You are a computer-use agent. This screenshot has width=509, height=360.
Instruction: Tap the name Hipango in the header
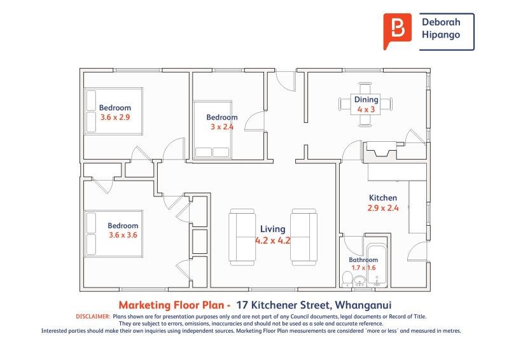pos(441,35)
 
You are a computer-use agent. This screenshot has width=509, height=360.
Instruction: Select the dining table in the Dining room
pos(365,104)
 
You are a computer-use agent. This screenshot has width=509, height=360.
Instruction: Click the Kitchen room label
pos(383,198)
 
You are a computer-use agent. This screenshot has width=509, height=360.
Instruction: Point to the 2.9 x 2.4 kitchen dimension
pos(383,208)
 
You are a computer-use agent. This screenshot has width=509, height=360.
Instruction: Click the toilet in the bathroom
pos(347,279)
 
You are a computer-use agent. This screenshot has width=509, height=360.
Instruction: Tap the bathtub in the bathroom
pos(377,265)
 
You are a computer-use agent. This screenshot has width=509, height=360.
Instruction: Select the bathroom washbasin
pos(359,281)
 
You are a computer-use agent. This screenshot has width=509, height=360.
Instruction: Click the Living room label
pos(273,229)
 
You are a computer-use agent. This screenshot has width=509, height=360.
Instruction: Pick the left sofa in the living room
pos(242,237)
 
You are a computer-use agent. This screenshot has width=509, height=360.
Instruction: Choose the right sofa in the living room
pos(303,237)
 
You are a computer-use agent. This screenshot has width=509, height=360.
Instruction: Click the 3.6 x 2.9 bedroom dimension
pos(115,117)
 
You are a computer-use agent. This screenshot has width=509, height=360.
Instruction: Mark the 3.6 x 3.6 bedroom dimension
pos(123,235)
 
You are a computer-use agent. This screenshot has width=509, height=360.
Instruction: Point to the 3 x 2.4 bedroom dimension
pos(222,127)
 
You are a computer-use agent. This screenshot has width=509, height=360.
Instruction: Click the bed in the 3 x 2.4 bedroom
pos(213,130)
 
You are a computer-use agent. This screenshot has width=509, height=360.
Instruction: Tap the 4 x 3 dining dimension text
pos(366,109)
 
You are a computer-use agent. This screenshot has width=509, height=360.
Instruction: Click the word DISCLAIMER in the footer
pos(93,316)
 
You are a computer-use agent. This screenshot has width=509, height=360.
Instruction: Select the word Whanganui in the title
pos(363,305)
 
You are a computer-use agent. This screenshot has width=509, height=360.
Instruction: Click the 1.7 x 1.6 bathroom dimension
pos(363,268)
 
